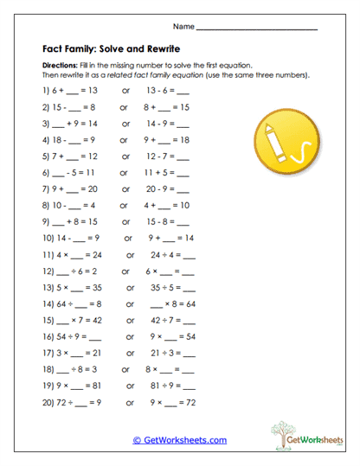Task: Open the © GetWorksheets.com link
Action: [180, 439]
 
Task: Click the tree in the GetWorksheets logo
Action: [280, 431]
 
